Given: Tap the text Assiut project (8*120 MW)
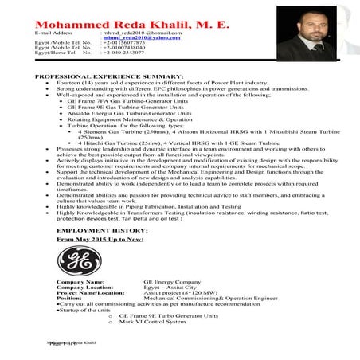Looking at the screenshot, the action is tap(178, 293).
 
